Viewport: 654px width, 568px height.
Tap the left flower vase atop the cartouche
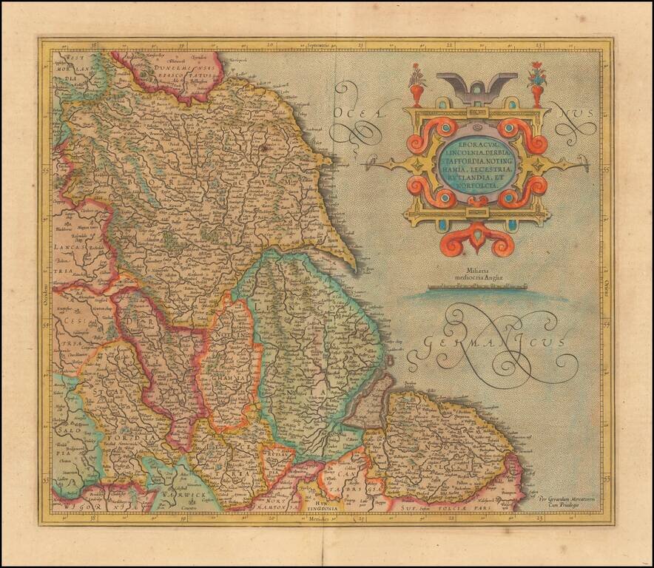[418, 85]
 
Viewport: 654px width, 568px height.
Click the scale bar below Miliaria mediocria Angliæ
[477, 285]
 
